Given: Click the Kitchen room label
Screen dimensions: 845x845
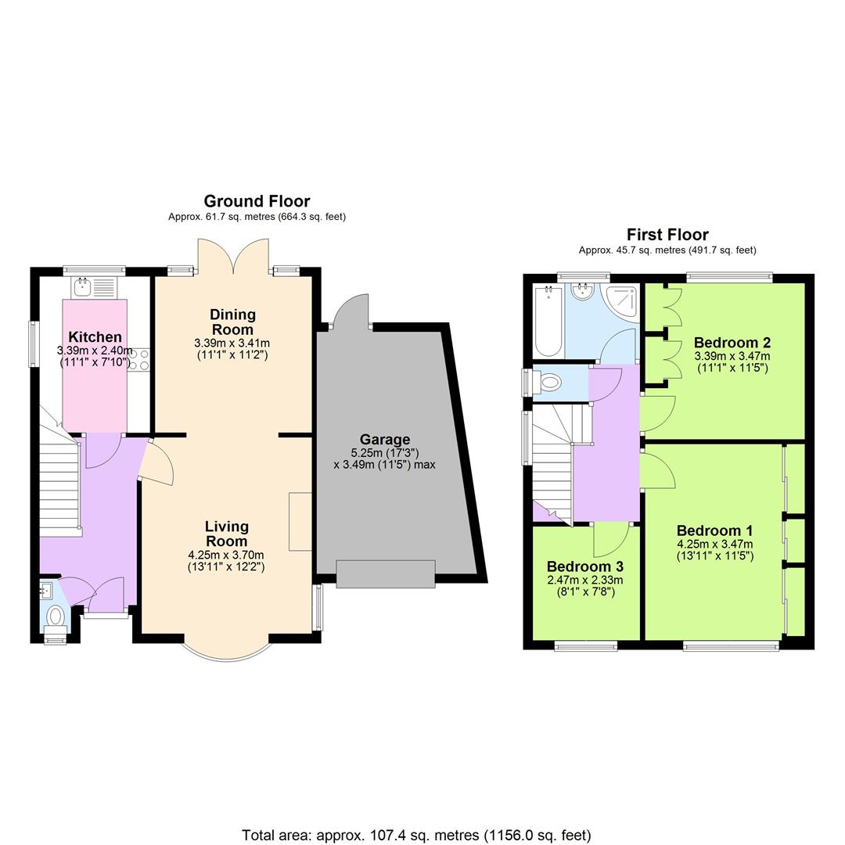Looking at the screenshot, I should tap(95, 337).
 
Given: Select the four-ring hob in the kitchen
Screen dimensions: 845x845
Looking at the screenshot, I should tap(138, 360).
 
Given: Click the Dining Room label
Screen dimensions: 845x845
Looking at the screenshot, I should tap(232, 322).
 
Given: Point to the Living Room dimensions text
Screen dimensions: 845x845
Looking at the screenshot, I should tap(227, 561).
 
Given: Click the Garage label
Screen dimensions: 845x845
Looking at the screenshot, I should tap(384, 440).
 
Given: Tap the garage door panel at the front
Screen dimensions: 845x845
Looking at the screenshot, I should tap(385, 574).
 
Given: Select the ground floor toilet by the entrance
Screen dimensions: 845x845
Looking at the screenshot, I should tap(55, 616).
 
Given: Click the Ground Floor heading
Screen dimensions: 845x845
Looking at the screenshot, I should tap(257, 201).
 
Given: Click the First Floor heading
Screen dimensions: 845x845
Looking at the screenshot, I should tap(667, 235).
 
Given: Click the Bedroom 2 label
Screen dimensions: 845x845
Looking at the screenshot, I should tap(732, 343).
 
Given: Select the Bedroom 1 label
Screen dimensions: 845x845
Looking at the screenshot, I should tap(715, 530).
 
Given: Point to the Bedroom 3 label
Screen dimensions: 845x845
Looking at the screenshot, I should tap(585, 566).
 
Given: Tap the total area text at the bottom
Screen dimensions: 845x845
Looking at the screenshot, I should tap(416, 835).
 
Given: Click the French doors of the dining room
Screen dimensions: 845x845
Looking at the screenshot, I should tap(233, 254).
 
